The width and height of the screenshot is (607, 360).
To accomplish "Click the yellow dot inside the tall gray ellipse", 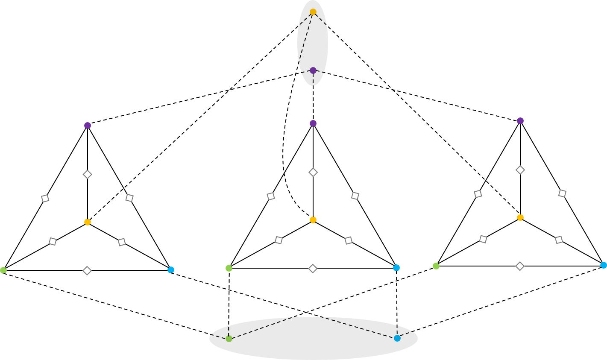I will point(313,12).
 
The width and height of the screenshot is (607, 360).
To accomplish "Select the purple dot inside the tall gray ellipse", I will point(313,70).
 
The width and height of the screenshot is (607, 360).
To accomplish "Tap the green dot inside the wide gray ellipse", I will point(229,339).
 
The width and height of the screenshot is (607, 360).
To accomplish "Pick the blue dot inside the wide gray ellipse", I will point(397,338).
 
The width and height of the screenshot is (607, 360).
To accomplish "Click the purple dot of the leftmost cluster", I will point(88,126).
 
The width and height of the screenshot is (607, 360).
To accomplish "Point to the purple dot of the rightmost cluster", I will point(520,121).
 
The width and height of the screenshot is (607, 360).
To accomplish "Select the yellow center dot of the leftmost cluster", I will point(88,222).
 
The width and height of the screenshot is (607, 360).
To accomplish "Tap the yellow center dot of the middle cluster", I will point(313,220).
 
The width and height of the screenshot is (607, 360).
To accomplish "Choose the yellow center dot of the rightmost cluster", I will point(520,217).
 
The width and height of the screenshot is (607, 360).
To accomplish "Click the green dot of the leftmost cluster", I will point(3,270).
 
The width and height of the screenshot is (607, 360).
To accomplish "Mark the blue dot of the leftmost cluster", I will point(171,270).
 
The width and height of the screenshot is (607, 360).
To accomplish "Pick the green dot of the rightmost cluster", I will point(436,266).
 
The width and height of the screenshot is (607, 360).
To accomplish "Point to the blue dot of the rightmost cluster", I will point(604,265).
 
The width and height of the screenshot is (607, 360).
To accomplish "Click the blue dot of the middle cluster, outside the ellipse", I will point(396,268).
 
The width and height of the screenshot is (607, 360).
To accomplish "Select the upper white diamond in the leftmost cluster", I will point(88,174).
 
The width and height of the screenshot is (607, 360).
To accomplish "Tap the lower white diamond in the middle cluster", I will point(313,269).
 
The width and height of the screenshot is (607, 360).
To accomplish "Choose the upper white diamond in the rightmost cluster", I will point(520,170).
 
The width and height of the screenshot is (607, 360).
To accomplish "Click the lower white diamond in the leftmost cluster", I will point(87,271).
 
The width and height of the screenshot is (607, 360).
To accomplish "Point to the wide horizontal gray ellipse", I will point(313,344).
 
